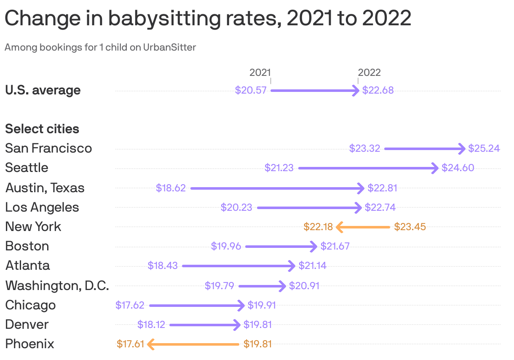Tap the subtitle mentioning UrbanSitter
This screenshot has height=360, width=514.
click(100, 47)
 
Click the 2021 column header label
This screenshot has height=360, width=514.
click(260, 73)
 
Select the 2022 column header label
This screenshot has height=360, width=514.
click(369, 73)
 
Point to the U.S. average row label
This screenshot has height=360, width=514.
click(43, 90)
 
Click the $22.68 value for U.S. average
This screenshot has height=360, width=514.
click(378, 90)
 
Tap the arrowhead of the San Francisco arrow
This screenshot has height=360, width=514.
click(462, 148)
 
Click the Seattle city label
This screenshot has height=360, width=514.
click(27, 168)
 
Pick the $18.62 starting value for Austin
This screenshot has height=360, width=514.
click(171, 188)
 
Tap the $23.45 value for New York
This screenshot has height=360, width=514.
click(410, 227)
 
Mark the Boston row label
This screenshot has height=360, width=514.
click(27, 246)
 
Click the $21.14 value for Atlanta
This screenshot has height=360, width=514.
click(312, 266)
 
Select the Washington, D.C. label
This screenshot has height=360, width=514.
click(57, 286)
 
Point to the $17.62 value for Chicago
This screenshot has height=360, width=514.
click(130, 305)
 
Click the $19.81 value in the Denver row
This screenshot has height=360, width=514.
click(257, 325)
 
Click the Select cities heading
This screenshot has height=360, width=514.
click(42, 129)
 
